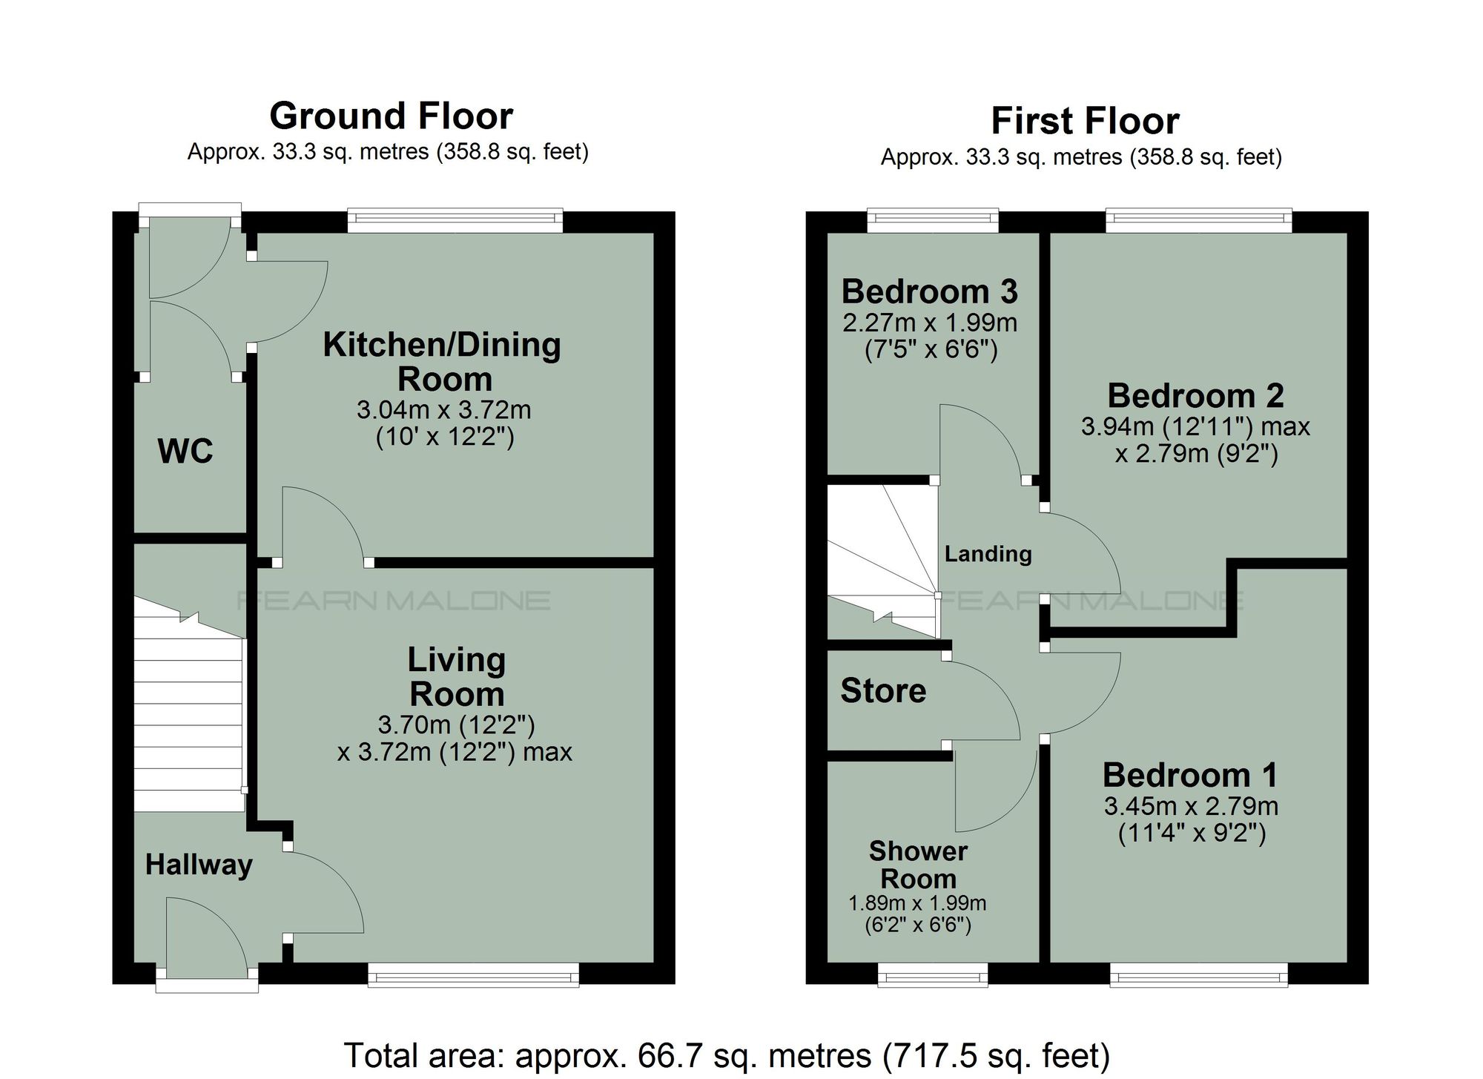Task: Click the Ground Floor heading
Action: coord(391,116)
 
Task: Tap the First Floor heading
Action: coord(1085,122)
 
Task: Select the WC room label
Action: coord(185,451)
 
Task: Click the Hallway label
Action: coord(199,865)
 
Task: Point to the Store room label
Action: coord(883,691)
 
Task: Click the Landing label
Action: coord(988,554)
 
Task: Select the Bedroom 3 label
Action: coord(930,291)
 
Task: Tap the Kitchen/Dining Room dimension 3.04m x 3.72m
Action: coord(443,409)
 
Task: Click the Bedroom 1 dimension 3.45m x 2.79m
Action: coord(1191,805)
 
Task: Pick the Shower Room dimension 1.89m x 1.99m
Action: coord(917,903)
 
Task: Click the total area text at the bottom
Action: coord(727,1055)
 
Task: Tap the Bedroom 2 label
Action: coord(1195,396)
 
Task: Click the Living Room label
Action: coord(456,676)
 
